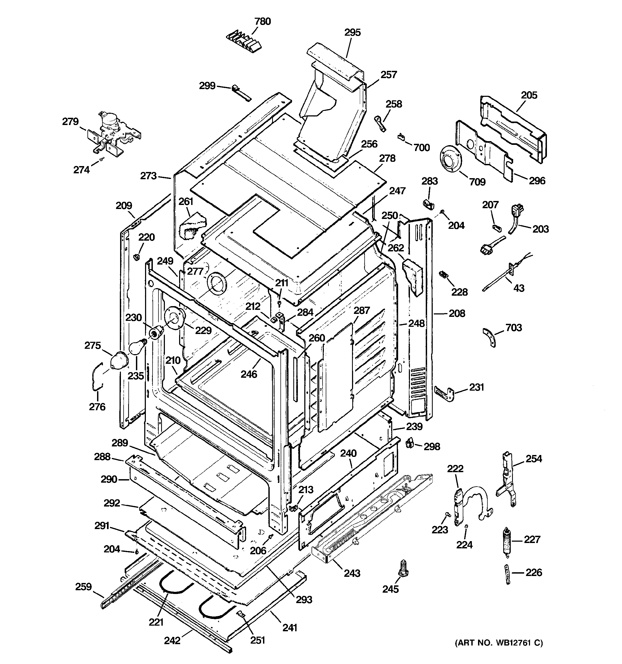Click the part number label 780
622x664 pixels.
coord(262,21)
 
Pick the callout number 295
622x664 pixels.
coord(353,32)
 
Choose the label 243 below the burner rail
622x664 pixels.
coord(352,573)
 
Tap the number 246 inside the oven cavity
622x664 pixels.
coord(249,374)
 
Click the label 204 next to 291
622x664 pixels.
coord(112,549)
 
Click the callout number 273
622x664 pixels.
coord(148,176)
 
